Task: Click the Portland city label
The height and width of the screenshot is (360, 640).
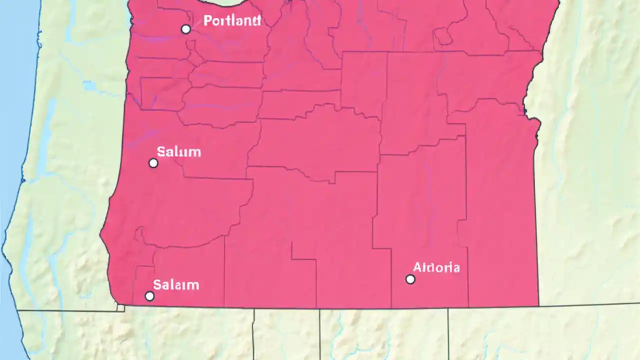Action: pyautogui.click(x=232, y=21)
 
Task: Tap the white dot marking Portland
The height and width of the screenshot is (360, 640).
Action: pyautogui.click(x=185, y=29)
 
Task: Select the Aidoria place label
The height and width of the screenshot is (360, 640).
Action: pyautogui.click(x=436, y=267)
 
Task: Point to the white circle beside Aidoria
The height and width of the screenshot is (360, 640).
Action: pyautogui.click(x=410, y=279)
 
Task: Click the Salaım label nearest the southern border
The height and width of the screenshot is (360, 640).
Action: pyautogui.click(x=176, y=285)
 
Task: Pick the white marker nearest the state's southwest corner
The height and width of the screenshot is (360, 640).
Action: pyautogui.click(x=149, y=296)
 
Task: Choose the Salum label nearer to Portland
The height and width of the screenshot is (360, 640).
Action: pyautogui.click(x=178, y=151)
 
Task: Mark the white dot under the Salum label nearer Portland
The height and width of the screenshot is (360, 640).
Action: pyautogui.click(x=153, y=163)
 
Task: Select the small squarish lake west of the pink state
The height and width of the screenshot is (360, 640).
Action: pyautogui.click(x=90, y=86)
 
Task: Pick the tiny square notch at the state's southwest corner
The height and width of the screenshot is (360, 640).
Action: pyautogui.click(x=120, y=308)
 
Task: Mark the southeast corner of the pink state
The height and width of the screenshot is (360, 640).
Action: pyautogui.click(x=538, y=305)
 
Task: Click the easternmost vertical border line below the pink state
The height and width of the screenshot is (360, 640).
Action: pyautogui.click(x=448, y=332)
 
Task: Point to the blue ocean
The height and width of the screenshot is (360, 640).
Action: pyautogui.click(x=12, y=75)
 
